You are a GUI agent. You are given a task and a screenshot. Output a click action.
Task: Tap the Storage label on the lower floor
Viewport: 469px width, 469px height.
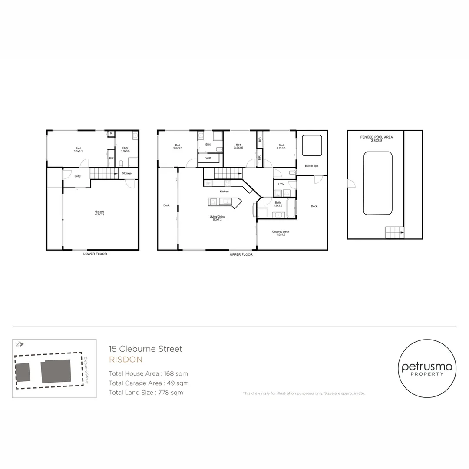point(127,173)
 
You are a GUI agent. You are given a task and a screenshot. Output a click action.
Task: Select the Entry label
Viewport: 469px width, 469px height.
point(78,176)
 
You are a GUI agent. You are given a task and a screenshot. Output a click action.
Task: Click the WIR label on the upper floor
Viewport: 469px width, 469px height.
point(208,158)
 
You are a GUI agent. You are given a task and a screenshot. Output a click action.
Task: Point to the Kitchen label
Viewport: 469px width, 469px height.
point(224,191)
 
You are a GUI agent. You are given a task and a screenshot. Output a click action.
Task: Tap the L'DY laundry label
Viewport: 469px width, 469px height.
point(281,185)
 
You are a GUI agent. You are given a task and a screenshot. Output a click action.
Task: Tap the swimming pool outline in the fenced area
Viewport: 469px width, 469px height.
point(378,182)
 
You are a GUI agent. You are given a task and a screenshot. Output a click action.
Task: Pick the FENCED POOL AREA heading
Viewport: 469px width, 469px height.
point(376,137)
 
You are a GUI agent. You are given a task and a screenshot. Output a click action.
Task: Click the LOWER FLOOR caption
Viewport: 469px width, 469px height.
point(95,254)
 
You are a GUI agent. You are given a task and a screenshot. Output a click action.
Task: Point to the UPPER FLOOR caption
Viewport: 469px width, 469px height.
point(241,254)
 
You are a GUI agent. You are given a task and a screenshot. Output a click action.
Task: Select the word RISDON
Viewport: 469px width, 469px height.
point(125,360)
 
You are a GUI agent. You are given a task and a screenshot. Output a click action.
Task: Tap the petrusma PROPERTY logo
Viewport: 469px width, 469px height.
point(427,369)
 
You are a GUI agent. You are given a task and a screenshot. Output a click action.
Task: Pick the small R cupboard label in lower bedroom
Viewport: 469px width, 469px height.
point(111,133)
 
